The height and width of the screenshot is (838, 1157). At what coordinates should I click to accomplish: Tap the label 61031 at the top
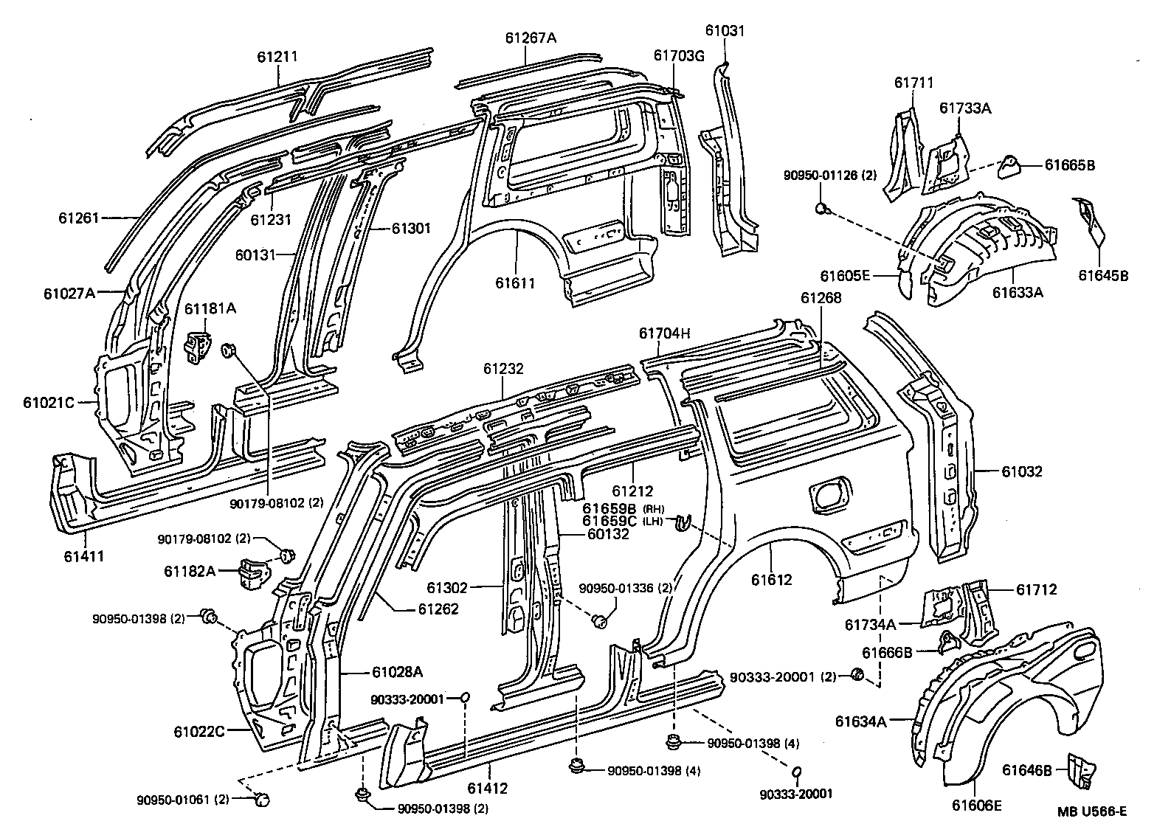click(725, 31)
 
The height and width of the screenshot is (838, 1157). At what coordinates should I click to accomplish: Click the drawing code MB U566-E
click(1091, 812)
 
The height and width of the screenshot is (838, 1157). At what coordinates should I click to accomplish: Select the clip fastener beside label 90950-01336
click(600, 622)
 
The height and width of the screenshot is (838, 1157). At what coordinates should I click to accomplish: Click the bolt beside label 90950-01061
click(261, 798)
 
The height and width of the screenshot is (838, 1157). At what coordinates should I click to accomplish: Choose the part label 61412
click(488, 789)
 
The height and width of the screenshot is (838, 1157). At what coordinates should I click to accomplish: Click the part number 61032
click(1021, 471)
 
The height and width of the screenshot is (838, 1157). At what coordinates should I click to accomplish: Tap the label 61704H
click(664, 333)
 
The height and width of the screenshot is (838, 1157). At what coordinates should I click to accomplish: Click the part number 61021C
click(49, 403)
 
